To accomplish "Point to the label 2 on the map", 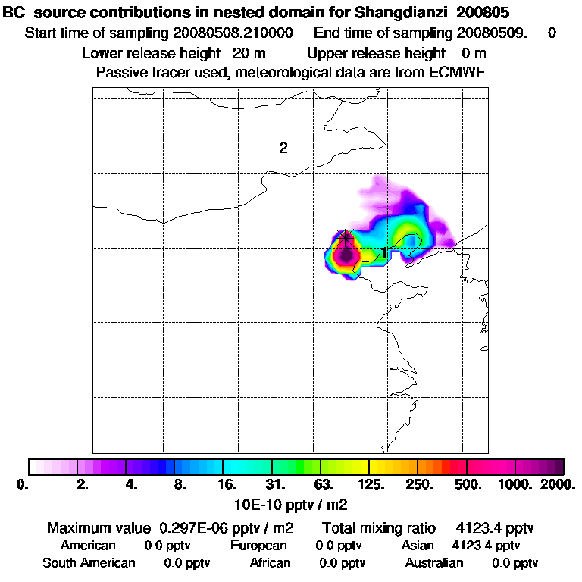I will (x=283, y=148).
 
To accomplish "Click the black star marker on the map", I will (x=346, y=237).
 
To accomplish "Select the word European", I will (x=258, y=546).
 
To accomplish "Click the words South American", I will (x=89, y=563).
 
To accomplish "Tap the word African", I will (x=270, y=563).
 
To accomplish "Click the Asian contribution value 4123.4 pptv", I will (x=486, y=546).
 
